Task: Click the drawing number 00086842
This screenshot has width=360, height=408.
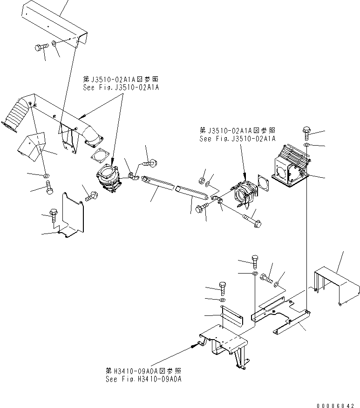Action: point(335,405)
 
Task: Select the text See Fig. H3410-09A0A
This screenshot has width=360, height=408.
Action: point(143,379)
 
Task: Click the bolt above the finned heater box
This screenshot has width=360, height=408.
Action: point(306,133)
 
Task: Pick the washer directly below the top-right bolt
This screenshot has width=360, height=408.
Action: point(307,145)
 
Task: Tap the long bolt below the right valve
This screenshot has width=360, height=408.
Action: point(252,221)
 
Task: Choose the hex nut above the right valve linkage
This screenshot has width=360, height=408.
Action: point(201,181)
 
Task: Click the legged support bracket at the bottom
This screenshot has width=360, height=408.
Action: point(224,345)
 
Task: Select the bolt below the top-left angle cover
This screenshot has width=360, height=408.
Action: point(41,47)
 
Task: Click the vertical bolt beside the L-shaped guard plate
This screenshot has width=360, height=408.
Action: point(54,215)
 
